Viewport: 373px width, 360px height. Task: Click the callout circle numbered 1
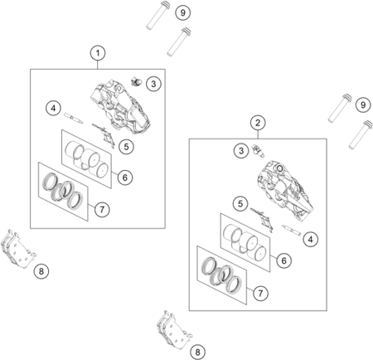pos(98,53)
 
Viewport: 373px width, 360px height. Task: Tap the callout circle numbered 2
pos(258,123)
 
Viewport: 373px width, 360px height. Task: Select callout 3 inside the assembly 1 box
pos(153,84)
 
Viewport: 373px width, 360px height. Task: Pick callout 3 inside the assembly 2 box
pos(241,151)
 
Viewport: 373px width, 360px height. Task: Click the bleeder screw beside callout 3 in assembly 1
pos(136,81)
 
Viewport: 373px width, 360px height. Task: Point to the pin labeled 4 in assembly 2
pos(291,230)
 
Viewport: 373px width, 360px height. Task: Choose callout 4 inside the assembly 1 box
pos(53,108)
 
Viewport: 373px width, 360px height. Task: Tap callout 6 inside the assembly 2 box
pos(284,260)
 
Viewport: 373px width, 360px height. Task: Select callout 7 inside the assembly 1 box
pos(102,209)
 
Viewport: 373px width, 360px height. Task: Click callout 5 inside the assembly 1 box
pos(126,147)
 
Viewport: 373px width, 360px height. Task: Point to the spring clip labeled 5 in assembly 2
pos(262,220)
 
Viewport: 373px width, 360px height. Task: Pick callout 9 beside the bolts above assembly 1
pos(183,12)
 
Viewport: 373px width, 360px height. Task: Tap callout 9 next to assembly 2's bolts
pos(363,105)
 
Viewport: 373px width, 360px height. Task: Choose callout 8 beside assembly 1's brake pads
pos(41,271)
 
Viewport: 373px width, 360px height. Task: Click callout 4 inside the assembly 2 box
pos(311,239)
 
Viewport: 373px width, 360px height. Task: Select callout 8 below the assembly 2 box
pos(197,353)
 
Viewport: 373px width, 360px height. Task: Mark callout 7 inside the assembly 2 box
pos(260,293)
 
